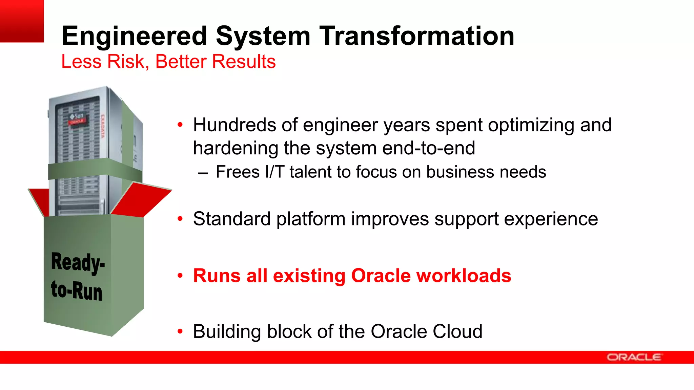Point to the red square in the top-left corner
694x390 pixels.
point(22,21)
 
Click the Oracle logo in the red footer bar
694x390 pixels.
point(634,357)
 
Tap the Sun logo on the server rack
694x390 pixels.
point(77,117)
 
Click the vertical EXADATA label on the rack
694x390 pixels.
point(103,126)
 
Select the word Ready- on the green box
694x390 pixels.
point(78,263)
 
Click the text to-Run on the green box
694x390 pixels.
point(77,290)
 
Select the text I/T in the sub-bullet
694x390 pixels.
point(274,172)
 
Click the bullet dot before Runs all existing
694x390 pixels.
point(180,276)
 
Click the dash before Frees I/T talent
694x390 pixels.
point(203,173)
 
